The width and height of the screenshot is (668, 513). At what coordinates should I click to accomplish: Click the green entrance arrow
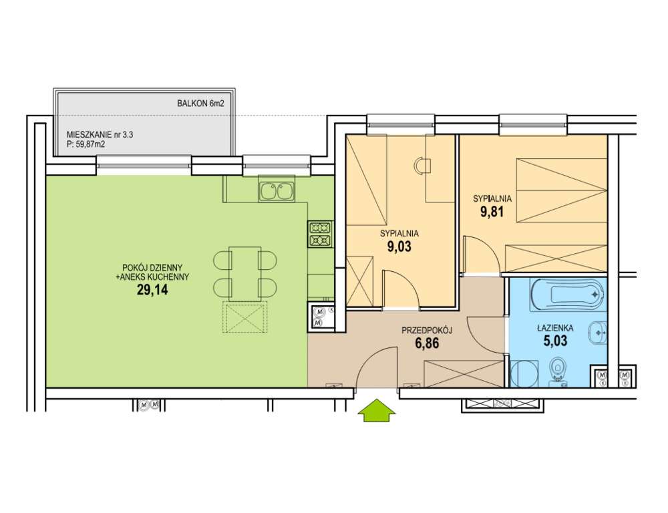pyautogui.click(x=377, y=411)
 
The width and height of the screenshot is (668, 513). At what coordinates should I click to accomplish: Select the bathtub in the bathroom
pyautogui.click(x=568, y=294)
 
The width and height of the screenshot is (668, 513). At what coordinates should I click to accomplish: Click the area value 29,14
pyautogui.click(x=152, y=291)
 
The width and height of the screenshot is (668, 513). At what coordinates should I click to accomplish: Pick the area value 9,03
pyautogui.click(x=399, y=246)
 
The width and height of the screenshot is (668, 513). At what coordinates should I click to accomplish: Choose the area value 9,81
pyautogui.click(x=492, y=212)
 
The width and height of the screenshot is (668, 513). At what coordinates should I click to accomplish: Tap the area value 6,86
pyautogui.click(x=427, y=343)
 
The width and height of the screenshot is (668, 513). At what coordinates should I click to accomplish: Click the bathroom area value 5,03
pyautogui.click(x=555, y=341)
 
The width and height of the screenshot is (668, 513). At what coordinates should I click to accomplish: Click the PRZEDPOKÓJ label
pyautogui.click(x=427, y=330)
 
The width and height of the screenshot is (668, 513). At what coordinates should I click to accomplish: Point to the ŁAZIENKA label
pyautogui.click(x=555, y=328)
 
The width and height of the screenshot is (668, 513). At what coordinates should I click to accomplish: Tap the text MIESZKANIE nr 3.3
pyautogui.click(x=100, y=135)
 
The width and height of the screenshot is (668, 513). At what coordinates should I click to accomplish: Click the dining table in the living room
pyautogui.click(x=245, y=273)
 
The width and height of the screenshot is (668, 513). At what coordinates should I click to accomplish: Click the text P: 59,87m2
pyautogui.click(x=86, y=144)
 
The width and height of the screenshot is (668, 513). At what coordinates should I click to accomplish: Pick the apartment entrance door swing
pyautogui.click(x=377, y=367)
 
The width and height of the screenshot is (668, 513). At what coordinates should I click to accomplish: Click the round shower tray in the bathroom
pyautogui.click(x=524, y=374)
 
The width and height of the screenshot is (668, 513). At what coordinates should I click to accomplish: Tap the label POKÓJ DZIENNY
pyautogui.click(x=152, y=268)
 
